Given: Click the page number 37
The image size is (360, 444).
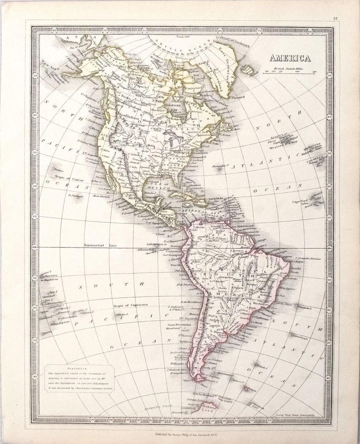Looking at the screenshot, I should tap(335, 18).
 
